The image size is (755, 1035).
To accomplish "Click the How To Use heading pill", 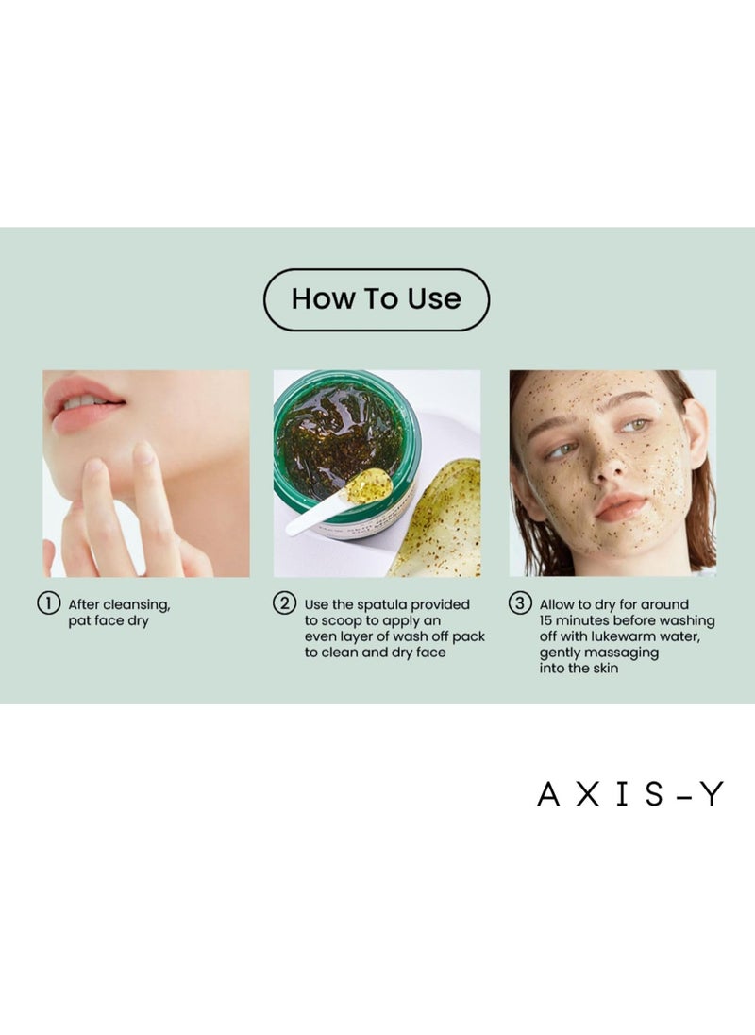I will (376, 299).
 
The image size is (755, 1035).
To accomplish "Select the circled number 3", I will (520, 603).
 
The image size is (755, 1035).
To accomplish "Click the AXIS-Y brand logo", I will (629, 795).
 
